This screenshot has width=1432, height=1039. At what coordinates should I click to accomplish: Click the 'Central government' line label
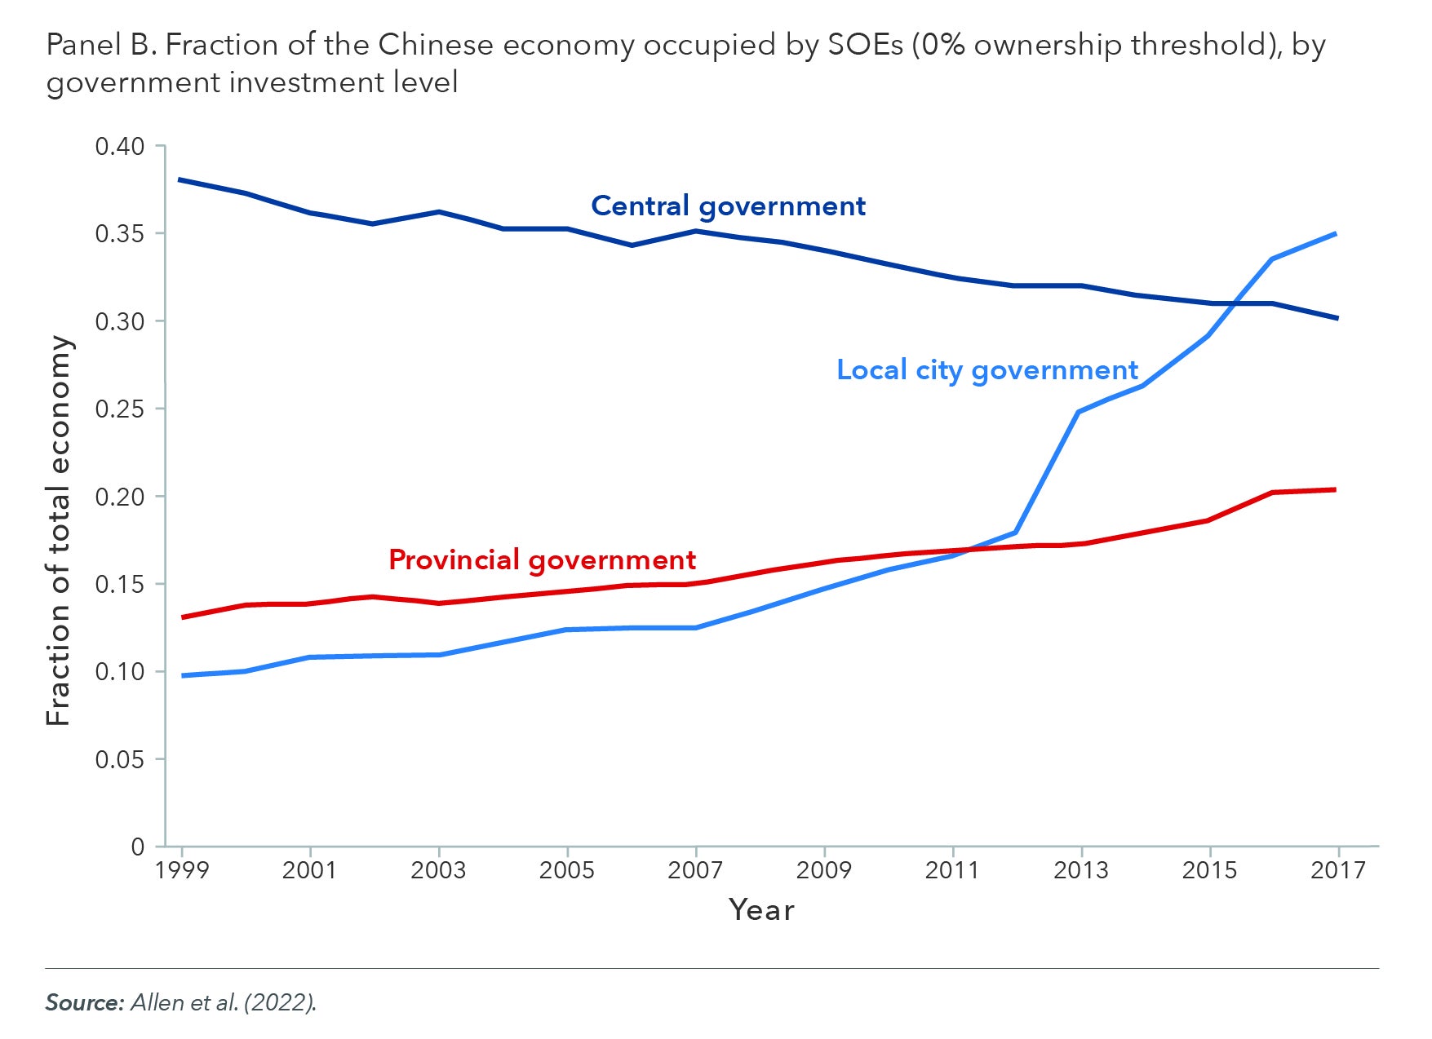[728, 206]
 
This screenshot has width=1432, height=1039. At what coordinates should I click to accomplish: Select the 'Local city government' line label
[986, 370]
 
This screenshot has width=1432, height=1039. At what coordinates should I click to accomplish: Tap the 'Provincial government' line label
[542, 560]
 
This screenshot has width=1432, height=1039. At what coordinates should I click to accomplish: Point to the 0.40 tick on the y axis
[119, 147]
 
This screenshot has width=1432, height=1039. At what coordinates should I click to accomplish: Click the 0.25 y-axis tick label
[119, 409]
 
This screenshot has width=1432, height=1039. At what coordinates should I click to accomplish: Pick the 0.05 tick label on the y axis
[119, 759]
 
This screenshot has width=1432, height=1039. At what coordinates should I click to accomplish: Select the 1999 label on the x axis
[181, 870]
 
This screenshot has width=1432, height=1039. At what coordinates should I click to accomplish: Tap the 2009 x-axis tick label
[823, 870]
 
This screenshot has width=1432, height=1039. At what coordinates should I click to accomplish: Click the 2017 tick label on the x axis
[1337, 870]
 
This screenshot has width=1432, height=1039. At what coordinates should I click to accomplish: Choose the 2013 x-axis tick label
[1080, 870]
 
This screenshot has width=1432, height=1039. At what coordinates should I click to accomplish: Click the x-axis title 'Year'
[761, 910]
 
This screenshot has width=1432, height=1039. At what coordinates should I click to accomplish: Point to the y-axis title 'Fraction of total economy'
[59, 530]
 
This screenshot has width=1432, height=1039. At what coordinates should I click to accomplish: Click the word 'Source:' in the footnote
[84, 1002]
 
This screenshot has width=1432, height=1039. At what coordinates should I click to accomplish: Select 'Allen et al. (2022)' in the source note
[223, 1002]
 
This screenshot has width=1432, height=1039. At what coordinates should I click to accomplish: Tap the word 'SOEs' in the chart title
[864, 46]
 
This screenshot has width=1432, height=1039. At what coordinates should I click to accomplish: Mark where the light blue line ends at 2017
[1336, 234]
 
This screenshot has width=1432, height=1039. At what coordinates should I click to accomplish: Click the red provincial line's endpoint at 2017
[1335, 489]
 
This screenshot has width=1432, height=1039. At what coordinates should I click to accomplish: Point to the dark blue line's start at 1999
[180, 179]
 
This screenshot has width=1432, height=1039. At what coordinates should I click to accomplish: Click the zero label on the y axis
[137, 847]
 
